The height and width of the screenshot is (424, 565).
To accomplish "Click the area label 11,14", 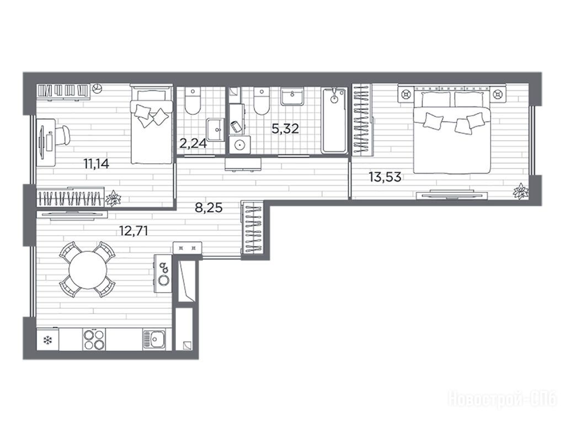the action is pyautogui.click(x=96, y=164).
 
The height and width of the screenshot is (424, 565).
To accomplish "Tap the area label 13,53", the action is pyautogui.click(x=385, y=177).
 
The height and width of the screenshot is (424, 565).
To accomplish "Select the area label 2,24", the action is pyautogui.click(x=193, y=144).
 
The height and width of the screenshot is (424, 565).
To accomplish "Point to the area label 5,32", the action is pyautogui.click(x=285, y=128).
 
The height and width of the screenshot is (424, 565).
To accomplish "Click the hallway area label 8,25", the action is pyautogui.click(x=209, y=208).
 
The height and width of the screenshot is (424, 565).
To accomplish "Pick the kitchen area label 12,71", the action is pyautogui.click(x=134, y=230).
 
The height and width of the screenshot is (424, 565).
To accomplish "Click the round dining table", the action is pyautogui.click(x=88, y=270).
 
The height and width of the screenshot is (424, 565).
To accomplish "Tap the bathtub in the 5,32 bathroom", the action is pyautogui.click(x=334, y=121).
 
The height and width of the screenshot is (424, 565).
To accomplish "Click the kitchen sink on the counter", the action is pyautogui.click(x=154, y=340).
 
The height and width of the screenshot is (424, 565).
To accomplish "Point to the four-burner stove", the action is pyautogui.click(x=94, y=340).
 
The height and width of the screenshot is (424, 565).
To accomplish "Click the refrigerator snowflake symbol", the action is pyautogui.click(x=47, y=340).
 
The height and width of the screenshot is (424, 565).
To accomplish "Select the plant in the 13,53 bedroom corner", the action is pyautogui.click(x=521, y=190).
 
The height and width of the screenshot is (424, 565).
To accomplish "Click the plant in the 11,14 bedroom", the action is pyautogui.click(x=113, y=198).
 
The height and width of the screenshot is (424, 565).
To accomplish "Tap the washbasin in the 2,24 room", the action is pyautogui.click(x=216, y=129).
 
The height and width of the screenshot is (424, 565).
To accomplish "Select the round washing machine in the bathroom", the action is pyautogui.click(x=239, y=145).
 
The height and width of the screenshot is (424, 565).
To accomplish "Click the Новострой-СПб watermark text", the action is pyautogui.click(x=502, y=400).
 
